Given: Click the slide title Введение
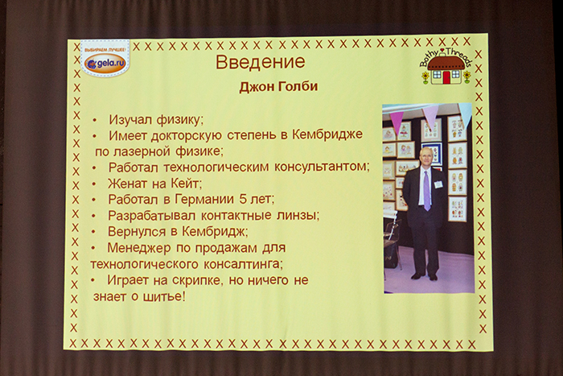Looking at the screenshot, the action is pyautogui.click(x=260, y=61).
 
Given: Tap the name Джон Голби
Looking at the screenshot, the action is pyautogui.click(x=278, y=87).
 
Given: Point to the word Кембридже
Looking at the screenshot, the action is pyautogui.click(x=327, y=134).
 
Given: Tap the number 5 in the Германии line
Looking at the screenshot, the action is pyautogui.click(x=243, y=198).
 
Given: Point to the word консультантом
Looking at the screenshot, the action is pyautogui.click(x=322, y=167).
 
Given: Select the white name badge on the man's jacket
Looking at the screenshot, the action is pyautogui.click(x=438, y=184).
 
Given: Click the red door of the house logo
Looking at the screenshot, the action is pyautogui.click(x=446, y=77).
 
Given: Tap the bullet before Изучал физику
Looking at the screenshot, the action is pyautogui.click(x=94, y=121).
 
